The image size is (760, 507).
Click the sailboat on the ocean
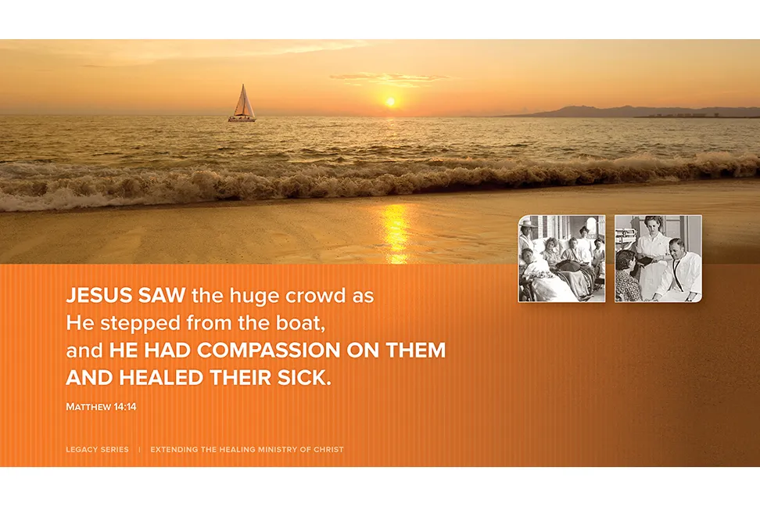tap(242, 104)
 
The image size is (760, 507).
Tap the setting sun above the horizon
tap(390, 102)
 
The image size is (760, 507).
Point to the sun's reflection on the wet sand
tap(397, 232)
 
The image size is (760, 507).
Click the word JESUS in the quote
tap(99, 296)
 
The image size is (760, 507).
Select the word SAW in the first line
tap(161, 296)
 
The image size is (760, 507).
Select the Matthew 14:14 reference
tap(101, 407)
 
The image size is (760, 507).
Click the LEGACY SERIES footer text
tap(98, 450)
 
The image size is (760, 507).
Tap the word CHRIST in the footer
tap(328, 450)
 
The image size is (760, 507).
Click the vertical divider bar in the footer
tap(140, 450)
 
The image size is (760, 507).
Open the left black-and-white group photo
tap(561, 259)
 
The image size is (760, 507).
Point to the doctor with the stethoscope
tap(680, 269)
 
